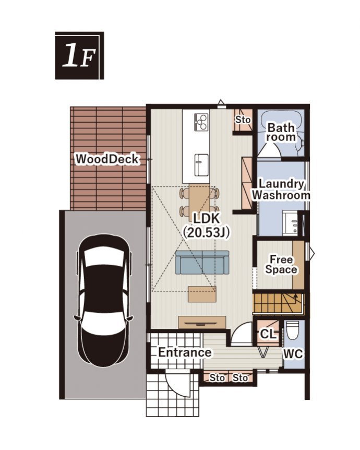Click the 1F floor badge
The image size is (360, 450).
point(79,55)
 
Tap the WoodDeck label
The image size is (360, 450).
point(107,159)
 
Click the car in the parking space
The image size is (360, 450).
point(105,301)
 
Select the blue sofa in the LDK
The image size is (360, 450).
point(202,262)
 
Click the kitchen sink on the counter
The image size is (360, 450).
point(201,165)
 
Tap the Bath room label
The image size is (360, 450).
point(281,132)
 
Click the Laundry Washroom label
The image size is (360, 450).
point(281,190)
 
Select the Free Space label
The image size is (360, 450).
point(281,265)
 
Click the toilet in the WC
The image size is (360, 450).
point(293,330)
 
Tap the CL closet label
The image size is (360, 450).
point(268,334)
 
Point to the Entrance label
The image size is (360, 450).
point(185,352)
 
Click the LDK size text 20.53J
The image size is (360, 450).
point(206,232)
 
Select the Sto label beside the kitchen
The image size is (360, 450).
point(243,120)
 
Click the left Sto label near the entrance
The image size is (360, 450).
point(217,377)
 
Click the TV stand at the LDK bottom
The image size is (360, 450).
point(202,322)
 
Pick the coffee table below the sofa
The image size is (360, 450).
point(202,294)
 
